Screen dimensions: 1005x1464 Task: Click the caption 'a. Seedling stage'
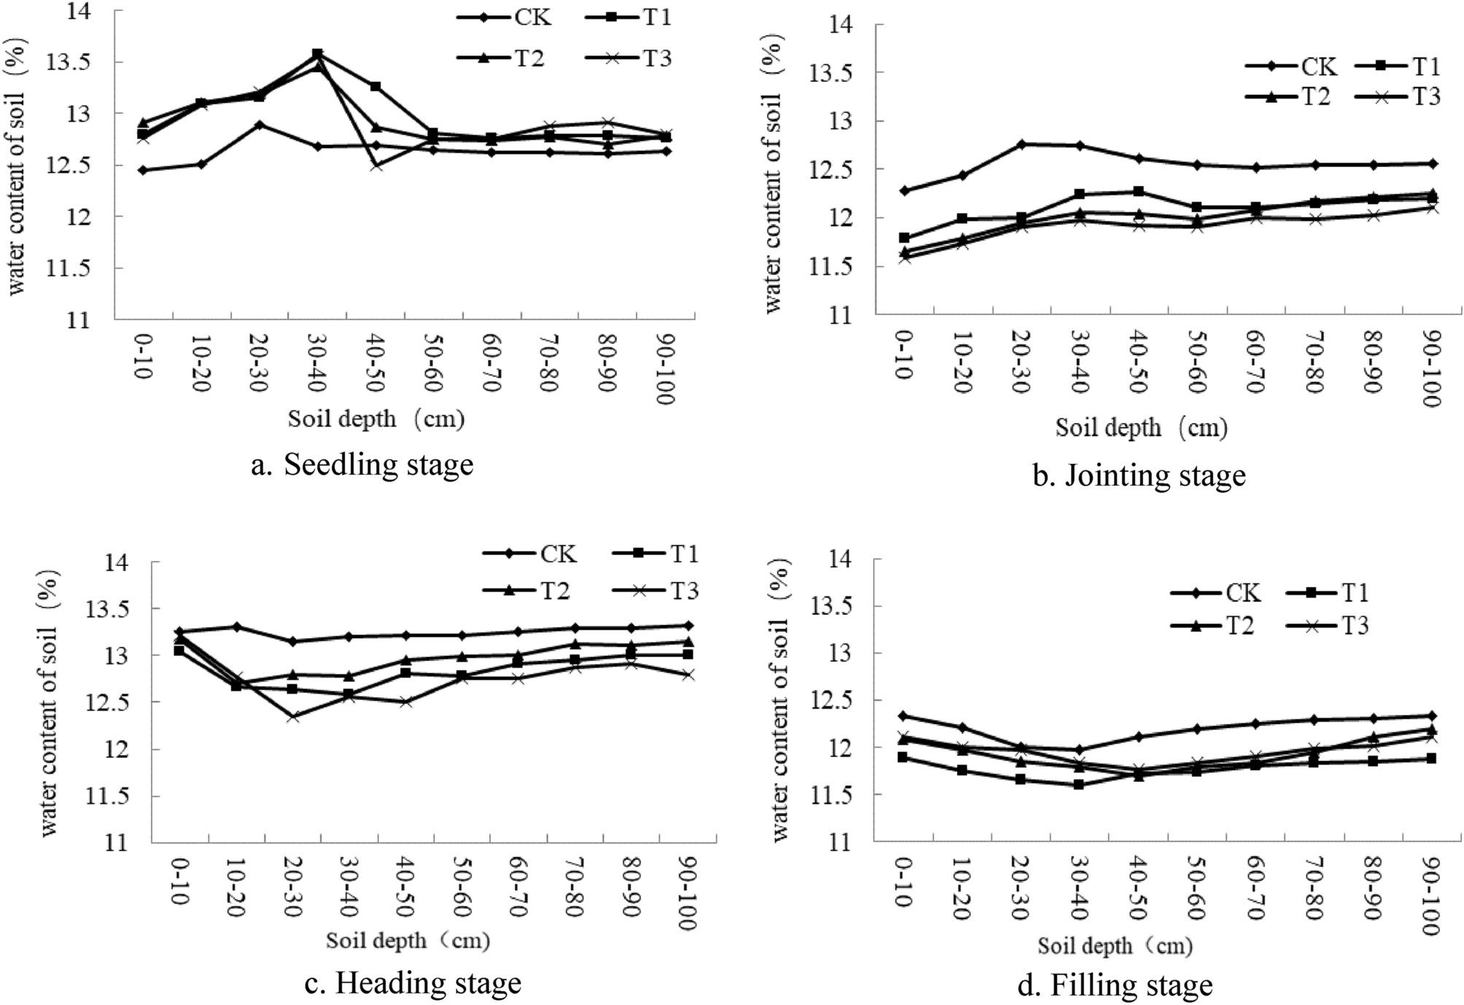tap(362, 465)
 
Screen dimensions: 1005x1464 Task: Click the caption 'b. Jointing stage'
tap(1139, 476)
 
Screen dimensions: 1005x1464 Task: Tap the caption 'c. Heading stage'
tap(412, 982)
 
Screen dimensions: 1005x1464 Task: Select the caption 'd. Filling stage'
tap(1114, 985)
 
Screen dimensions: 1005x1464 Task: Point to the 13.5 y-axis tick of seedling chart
tap(67, 63)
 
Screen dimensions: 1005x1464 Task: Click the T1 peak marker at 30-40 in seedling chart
tap(317, 54)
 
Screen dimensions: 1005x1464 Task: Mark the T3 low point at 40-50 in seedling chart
tap(376, 166)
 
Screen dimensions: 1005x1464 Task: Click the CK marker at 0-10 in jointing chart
tap(905, 190)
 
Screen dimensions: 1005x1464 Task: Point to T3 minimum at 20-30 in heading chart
tap(293, 716)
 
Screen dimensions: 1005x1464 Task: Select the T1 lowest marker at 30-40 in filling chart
tap(1079, 785)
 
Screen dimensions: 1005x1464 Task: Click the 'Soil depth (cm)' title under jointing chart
tap(1140, 427)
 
